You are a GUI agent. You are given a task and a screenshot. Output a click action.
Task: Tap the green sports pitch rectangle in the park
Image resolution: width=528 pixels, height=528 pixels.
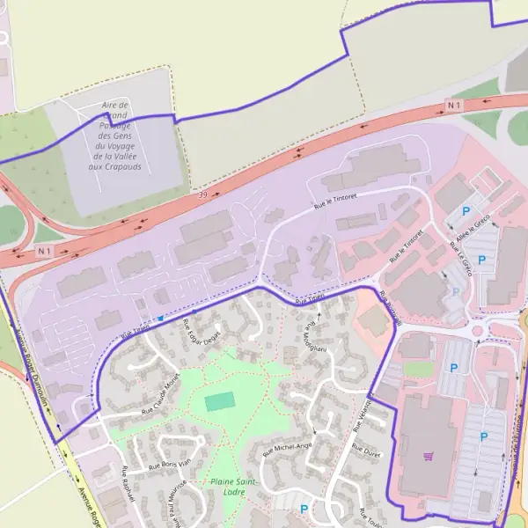pyautogui.click(x=220, y=402)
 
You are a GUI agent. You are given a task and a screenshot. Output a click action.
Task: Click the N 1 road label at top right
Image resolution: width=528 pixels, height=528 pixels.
pyautogui.click(x=453, y=106)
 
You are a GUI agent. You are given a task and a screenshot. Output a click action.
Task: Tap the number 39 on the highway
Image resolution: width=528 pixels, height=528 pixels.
pyautogui.click(x=203, y=194)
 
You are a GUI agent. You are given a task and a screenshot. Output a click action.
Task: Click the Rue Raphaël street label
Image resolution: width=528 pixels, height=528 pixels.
pyautogui.click(x=128, y=485)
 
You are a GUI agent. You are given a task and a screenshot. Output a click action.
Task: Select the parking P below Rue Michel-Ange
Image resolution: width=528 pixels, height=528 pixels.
pyautogui.click(x=304, y=509)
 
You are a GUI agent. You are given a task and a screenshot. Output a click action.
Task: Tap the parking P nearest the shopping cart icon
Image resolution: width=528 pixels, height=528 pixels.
pyautogui.click(x=482, y=436)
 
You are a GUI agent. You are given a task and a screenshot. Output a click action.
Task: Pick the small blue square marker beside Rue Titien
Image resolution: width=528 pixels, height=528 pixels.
pyautogui.click(x=160, y=318)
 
